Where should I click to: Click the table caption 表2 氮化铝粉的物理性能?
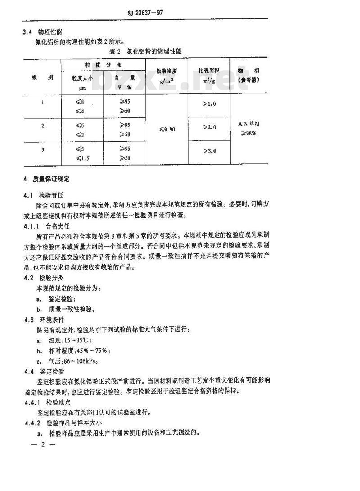148,51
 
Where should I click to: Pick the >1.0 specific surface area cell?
209,104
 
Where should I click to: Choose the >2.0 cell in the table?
209,127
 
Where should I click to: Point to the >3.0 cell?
209,150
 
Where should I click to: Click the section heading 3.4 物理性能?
43,32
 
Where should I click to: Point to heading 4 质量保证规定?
47,179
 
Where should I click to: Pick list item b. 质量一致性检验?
66,309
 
